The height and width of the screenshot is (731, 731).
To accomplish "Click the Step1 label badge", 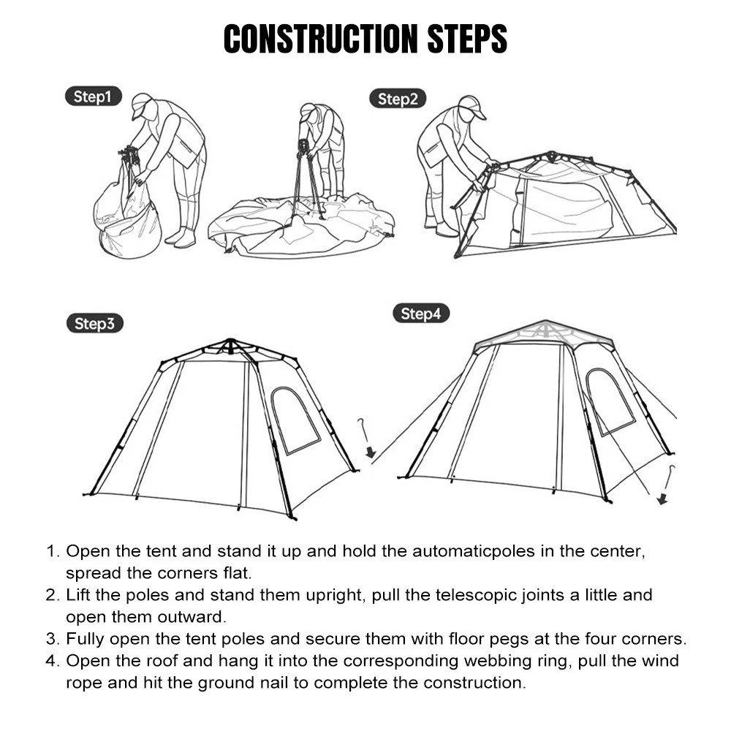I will coord(93,97).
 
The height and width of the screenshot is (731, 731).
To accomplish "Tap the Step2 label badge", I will coord(398,99).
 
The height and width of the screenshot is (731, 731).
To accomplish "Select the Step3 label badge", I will coord(94,324).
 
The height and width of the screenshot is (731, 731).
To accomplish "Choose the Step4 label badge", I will coord(420,314).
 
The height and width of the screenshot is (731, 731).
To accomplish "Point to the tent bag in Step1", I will coord(128,216).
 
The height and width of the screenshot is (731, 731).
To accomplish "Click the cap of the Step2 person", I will coord(471,106).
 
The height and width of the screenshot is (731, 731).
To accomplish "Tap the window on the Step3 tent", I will coord(295,420).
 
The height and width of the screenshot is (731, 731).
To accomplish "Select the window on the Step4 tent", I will coord(609,402).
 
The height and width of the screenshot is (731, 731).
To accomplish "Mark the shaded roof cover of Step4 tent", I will coord(545,333).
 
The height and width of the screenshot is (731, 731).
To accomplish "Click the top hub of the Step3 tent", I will coord(230,344).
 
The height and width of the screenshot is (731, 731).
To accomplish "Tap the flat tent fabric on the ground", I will coord(300,227).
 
